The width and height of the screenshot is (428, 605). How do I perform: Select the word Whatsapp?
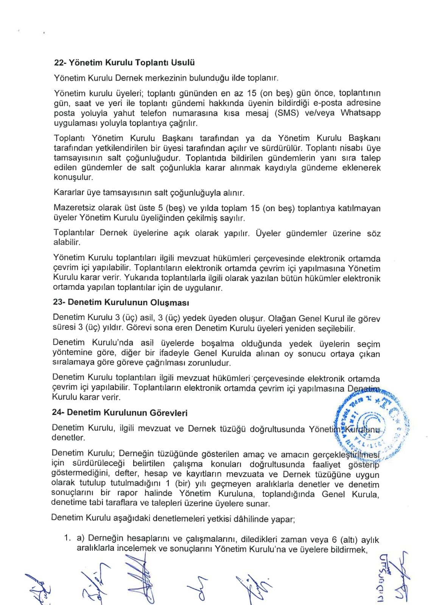click(x=360, y=113)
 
